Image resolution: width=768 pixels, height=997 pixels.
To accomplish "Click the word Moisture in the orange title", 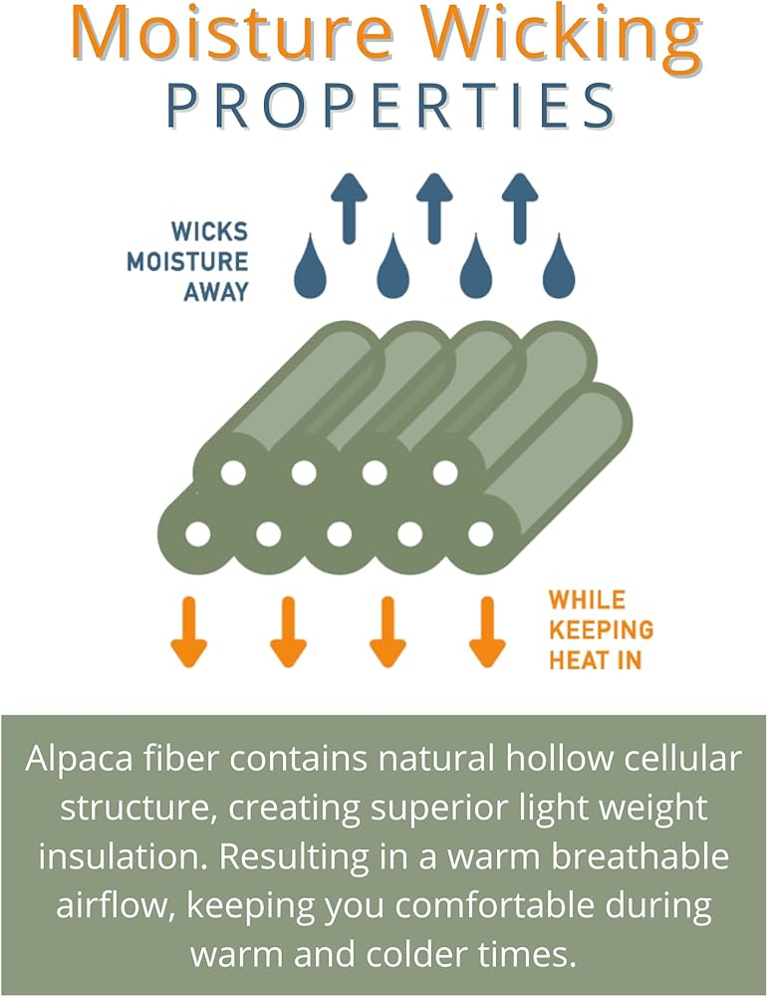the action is pyautogui.click(x=228, y=32).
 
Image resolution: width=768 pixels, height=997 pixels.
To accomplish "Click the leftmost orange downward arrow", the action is pyautogui.click(x=187, y=631).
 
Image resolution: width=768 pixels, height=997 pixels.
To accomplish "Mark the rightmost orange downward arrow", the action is pyautogui.click(x=487, y=631).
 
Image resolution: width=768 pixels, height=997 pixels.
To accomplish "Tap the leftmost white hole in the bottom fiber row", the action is pyautogui.click(x=198, y=534).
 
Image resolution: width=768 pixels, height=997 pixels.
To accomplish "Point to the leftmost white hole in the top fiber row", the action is pyautogui.click(x=233, y=473).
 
